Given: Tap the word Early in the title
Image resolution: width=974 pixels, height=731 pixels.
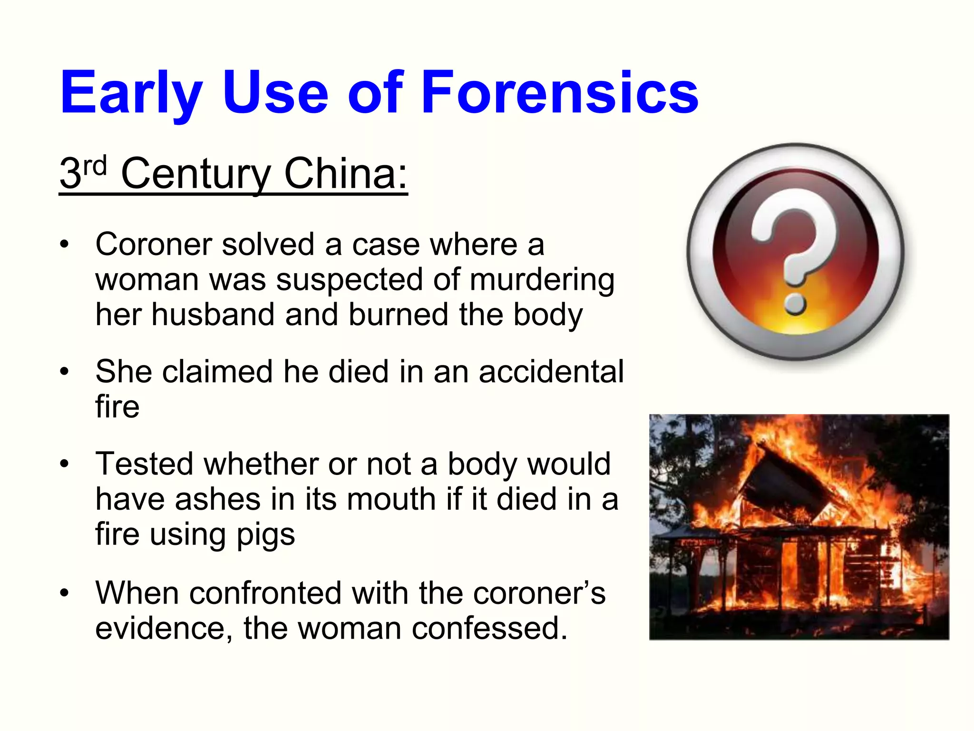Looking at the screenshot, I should click(131, 93).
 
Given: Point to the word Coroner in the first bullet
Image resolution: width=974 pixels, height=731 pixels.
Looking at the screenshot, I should click(153, 245).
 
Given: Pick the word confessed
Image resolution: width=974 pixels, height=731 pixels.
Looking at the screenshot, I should click(489, 628).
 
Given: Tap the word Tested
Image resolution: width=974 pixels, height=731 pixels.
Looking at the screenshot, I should click(144, 464).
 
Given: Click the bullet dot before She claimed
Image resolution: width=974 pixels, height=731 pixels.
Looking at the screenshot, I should click(65, 372).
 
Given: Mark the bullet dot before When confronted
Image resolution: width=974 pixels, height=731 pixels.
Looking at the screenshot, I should click(65, 593).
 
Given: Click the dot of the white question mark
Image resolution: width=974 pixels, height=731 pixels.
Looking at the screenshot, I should click(795, 303).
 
